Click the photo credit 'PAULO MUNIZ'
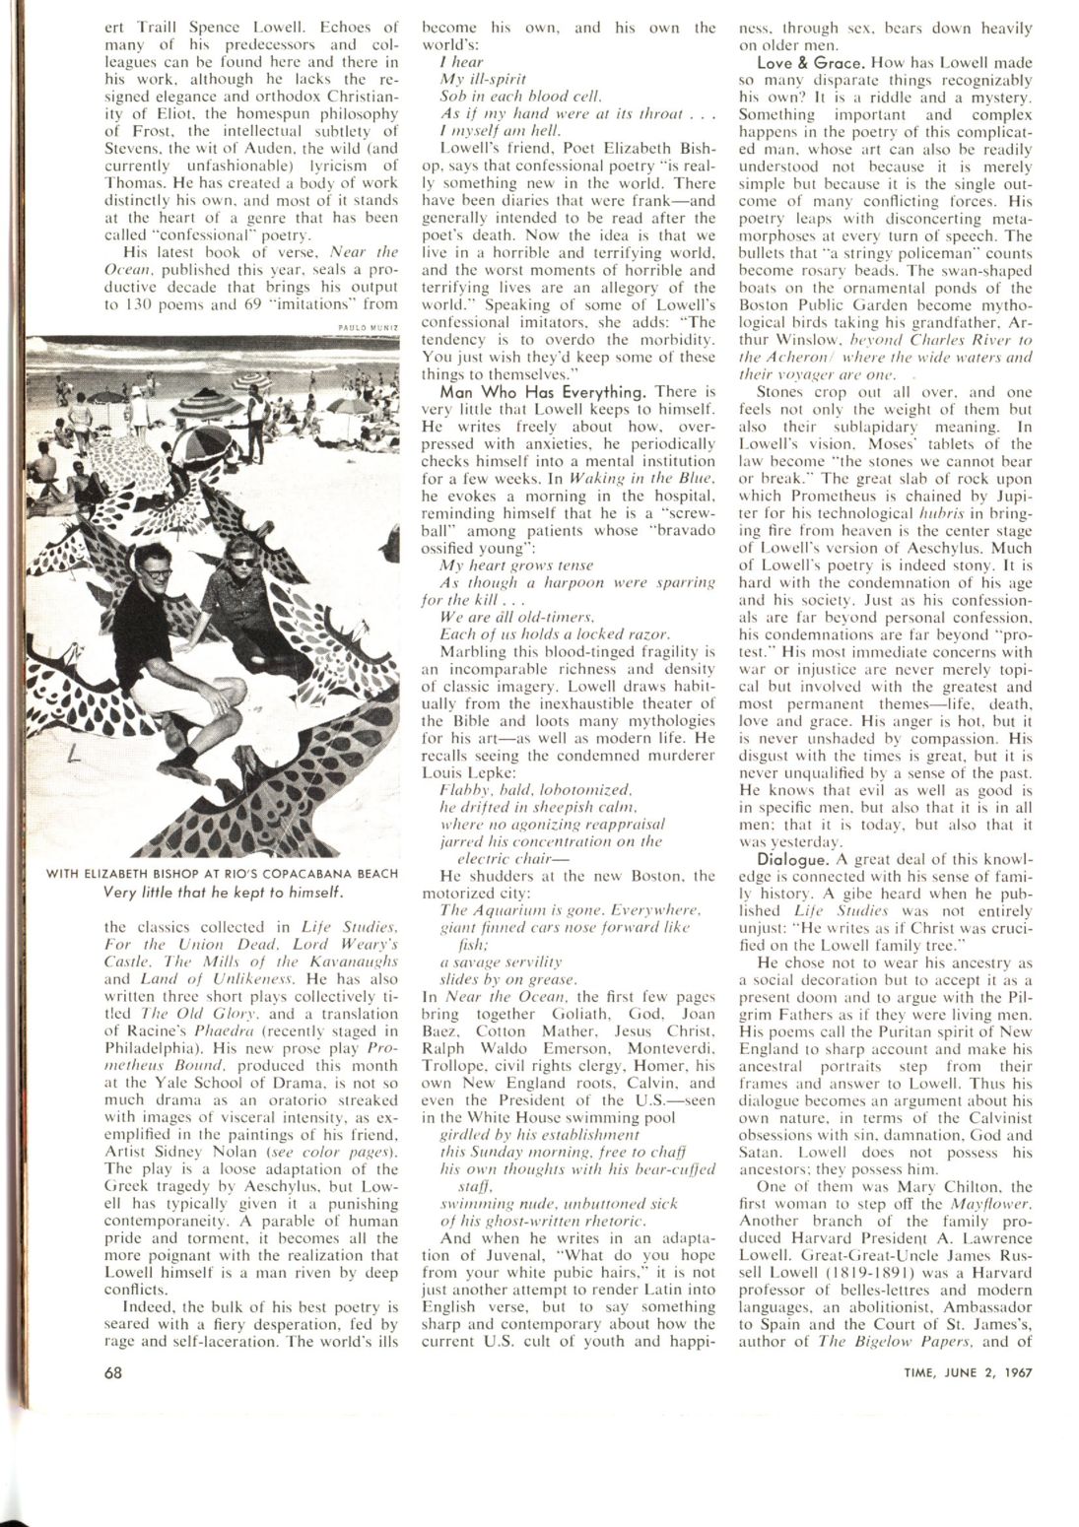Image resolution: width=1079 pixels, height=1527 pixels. coord(370,330)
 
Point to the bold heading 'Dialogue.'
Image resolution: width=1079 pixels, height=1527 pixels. coord(778,854)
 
